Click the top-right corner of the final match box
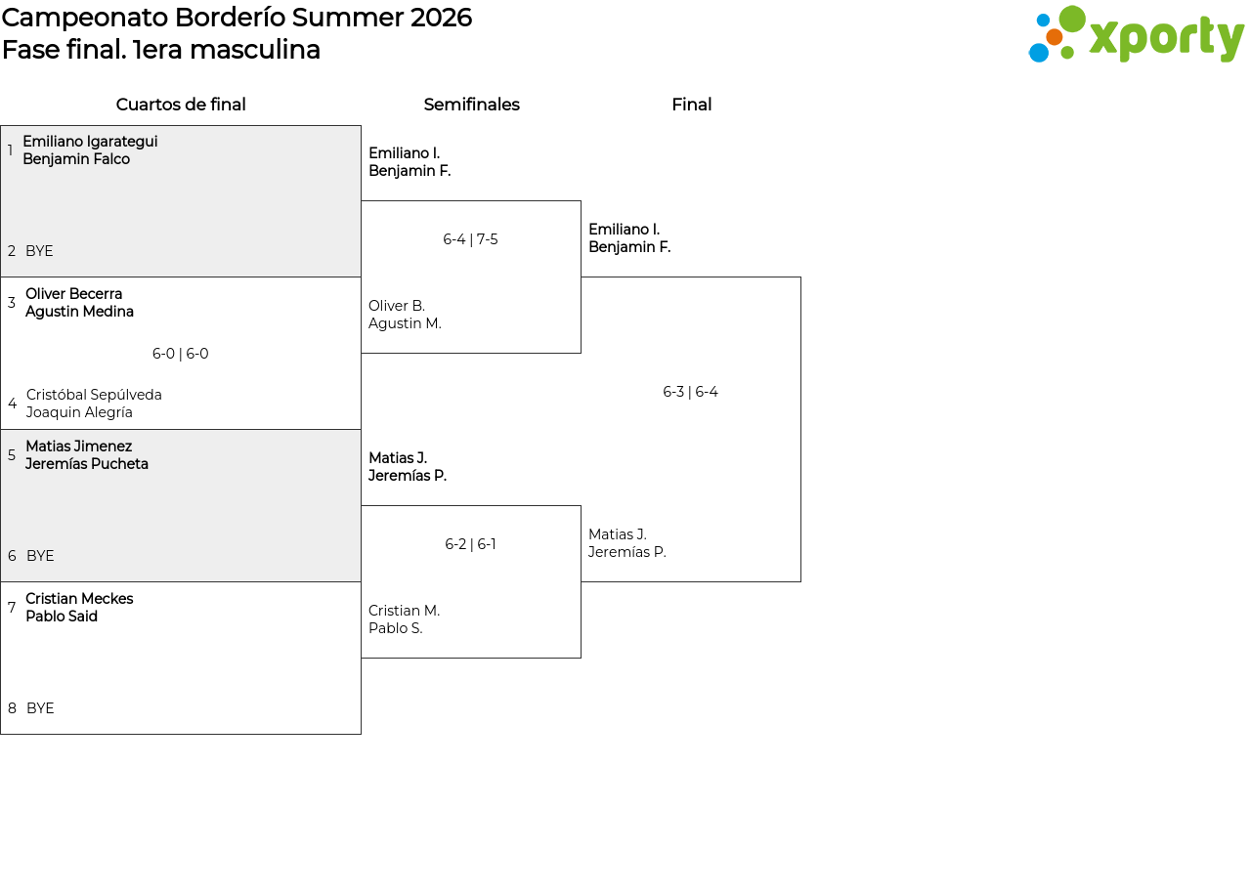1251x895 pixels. click(800, 277)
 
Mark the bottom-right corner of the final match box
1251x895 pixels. click(800, 581)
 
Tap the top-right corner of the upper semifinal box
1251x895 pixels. click(581, 201)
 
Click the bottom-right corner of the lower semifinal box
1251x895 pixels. click(581, 658)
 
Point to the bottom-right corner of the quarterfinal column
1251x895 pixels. click(361, 734)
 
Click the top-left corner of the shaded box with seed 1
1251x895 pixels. click(1, 126)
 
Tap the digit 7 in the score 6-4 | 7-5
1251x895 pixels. click(480, 239)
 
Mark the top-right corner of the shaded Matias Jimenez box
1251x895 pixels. click(361, 429)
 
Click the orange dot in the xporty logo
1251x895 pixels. click(1054, 37)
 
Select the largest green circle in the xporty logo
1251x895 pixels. click(1072, 19)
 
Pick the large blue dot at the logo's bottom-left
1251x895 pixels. click(1039, 53)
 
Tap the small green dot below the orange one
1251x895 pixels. click(1067, 53)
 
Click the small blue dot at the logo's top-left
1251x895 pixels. click(1043, 21)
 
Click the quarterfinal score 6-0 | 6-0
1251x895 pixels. click(181, 354)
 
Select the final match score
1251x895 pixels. click(690, 392)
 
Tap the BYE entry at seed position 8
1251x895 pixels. click(40, 708)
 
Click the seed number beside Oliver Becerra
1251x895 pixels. click(11, 303)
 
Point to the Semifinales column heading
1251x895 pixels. click(471, 105)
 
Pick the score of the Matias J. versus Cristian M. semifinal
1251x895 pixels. click(470, 544)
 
